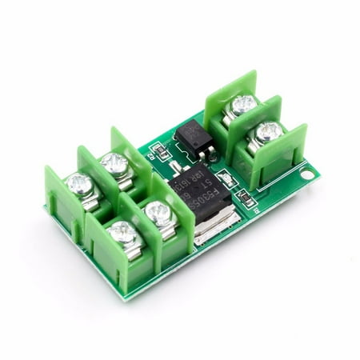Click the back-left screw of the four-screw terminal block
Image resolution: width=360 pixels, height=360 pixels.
(x=78, y=184)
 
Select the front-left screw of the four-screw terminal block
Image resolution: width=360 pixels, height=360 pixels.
(x=123, y=233)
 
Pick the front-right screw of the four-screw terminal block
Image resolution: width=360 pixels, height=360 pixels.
(x=156, y=212)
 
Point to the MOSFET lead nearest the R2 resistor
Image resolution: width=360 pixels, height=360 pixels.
(x=174, y=167)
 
